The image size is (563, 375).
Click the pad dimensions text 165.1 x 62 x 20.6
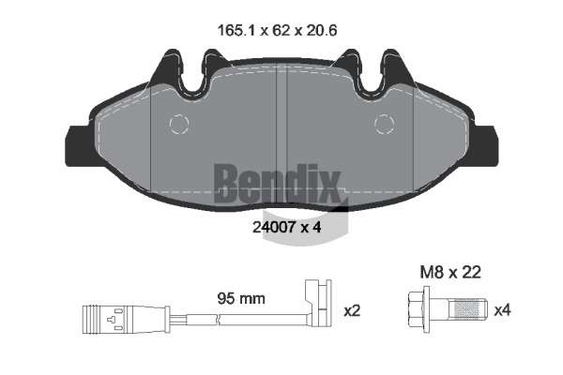(277, 31)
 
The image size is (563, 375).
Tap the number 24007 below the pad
(274, 227)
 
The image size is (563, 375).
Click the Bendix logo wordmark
(277, 183)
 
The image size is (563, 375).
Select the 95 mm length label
(241, 298)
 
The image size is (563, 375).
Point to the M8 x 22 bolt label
(450, 273)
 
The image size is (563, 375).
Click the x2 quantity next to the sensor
(352, 310)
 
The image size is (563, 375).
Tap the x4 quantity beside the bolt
(502, 310)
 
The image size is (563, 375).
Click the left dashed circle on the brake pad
(179, 124)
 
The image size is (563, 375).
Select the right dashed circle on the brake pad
(384, 124)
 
